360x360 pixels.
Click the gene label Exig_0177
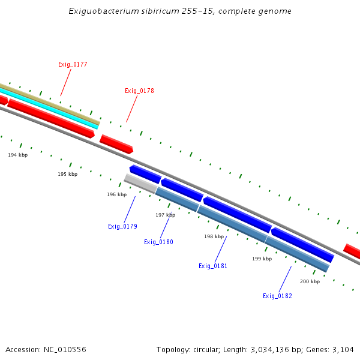click(73, 64)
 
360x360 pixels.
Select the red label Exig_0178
click(139, 91)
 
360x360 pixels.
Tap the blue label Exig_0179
click(122, 226)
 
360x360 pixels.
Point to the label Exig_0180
click(158, 242)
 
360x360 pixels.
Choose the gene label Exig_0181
click(213, 266)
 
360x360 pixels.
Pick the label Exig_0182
click(277, 296)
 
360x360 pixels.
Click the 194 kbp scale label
click(18, 155)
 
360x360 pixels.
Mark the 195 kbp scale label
click(67, 174)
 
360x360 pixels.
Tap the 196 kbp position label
click(116, 194)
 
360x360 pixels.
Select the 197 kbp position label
click(165, 215)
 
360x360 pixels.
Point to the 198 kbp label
click(214, 236)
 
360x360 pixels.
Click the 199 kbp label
click(262, 259)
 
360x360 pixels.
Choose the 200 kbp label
click(310, 281)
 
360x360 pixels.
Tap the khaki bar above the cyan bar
click(48, 103)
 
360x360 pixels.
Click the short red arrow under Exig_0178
click(116, 144)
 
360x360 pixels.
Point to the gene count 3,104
click(342, 349)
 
